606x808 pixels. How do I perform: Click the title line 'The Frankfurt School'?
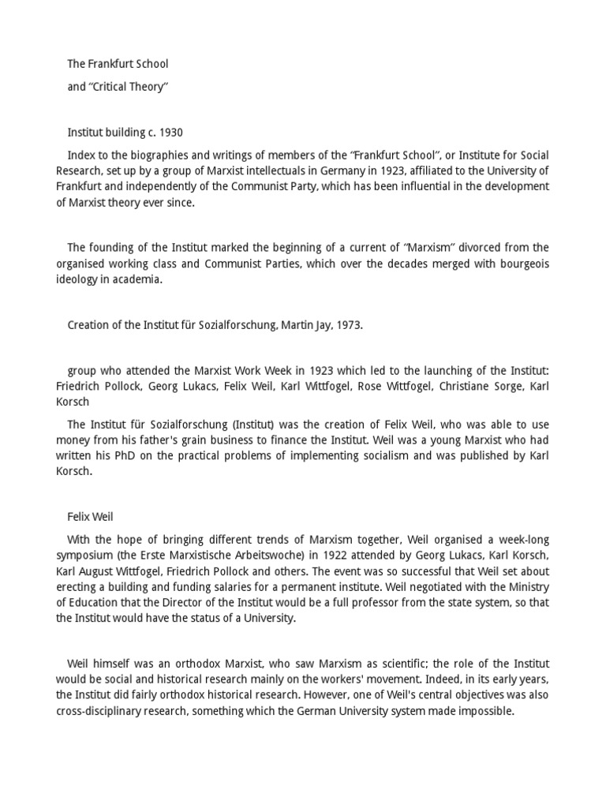[118, 63]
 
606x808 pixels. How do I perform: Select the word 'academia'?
[135, 279]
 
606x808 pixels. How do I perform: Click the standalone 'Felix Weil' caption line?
[91, 517]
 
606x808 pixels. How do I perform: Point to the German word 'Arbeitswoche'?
[256, 555]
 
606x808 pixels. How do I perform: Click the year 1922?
[317, 555]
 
